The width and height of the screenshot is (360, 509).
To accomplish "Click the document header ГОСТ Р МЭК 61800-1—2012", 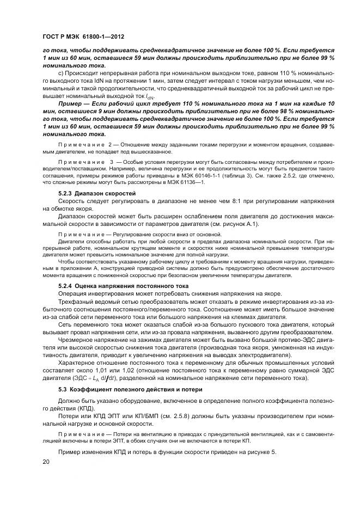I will [x=83, y=37].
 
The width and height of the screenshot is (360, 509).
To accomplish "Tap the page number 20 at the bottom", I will [x=46, y=462].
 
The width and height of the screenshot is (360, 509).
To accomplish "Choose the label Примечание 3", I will [x=84, y=163].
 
